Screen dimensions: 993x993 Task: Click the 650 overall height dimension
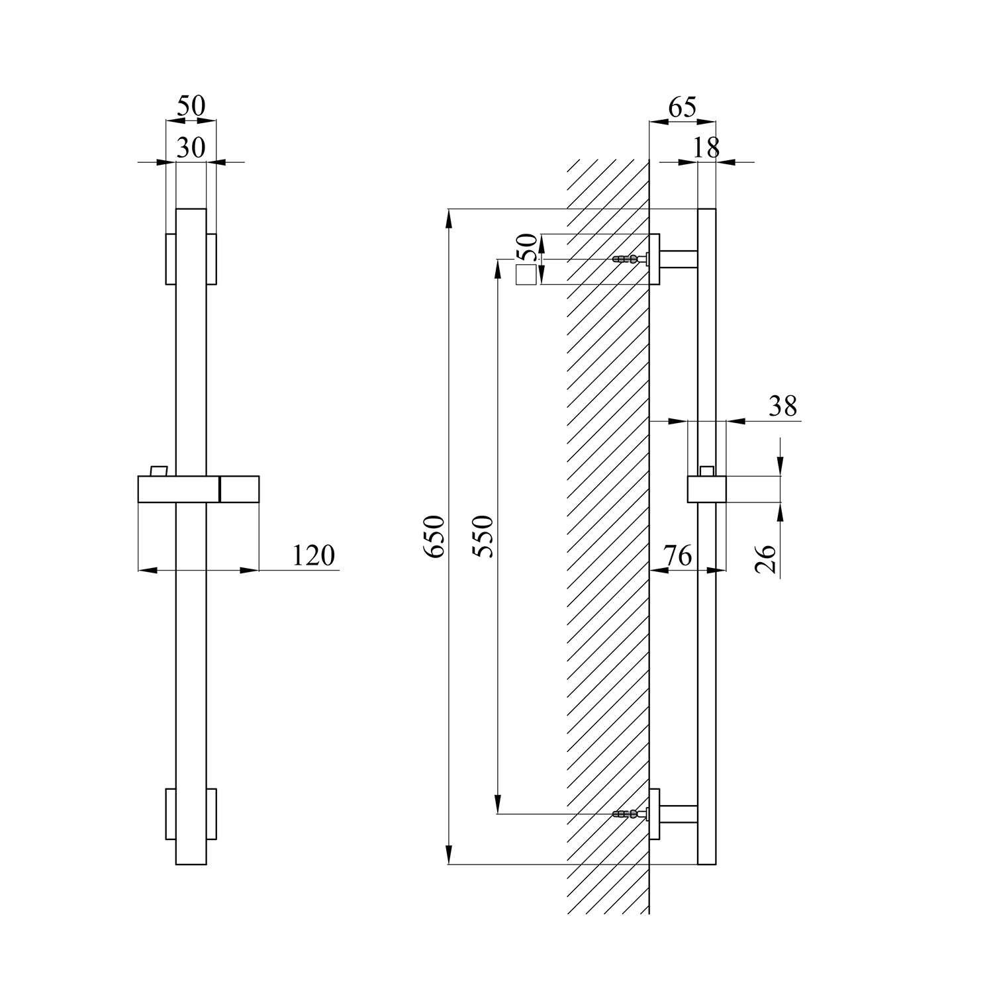436,536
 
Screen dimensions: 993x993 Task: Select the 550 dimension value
485,536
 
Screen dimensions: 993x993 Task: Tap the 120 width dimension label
314,555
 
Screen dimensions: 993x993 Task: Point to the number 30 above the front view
191,147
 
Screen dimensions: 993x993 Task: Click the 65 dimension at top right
682,107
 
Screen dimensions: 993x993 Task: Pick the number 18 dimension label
706,147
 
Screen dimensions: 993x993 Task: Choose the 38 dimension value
782,406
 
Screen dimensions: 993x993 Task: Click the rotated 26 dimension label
766,559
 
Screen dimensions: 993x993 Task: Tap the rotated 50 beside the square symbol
528,247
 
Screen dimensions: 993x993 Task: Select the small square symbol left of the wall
526,275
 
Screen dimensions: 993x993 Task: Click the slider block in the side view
707,489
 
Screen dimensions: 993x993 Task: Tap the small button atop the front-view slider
159,470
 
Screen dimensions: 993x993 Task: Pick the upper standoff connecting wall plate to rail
679,259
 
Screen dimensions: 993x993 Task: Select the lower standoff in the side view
679,814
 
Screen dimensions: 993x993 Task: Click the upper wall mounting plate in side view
655,259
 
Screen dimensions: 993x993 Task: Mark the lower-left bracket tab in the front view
171,814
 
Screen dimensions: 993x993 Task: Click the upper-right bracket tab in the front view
212,259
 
